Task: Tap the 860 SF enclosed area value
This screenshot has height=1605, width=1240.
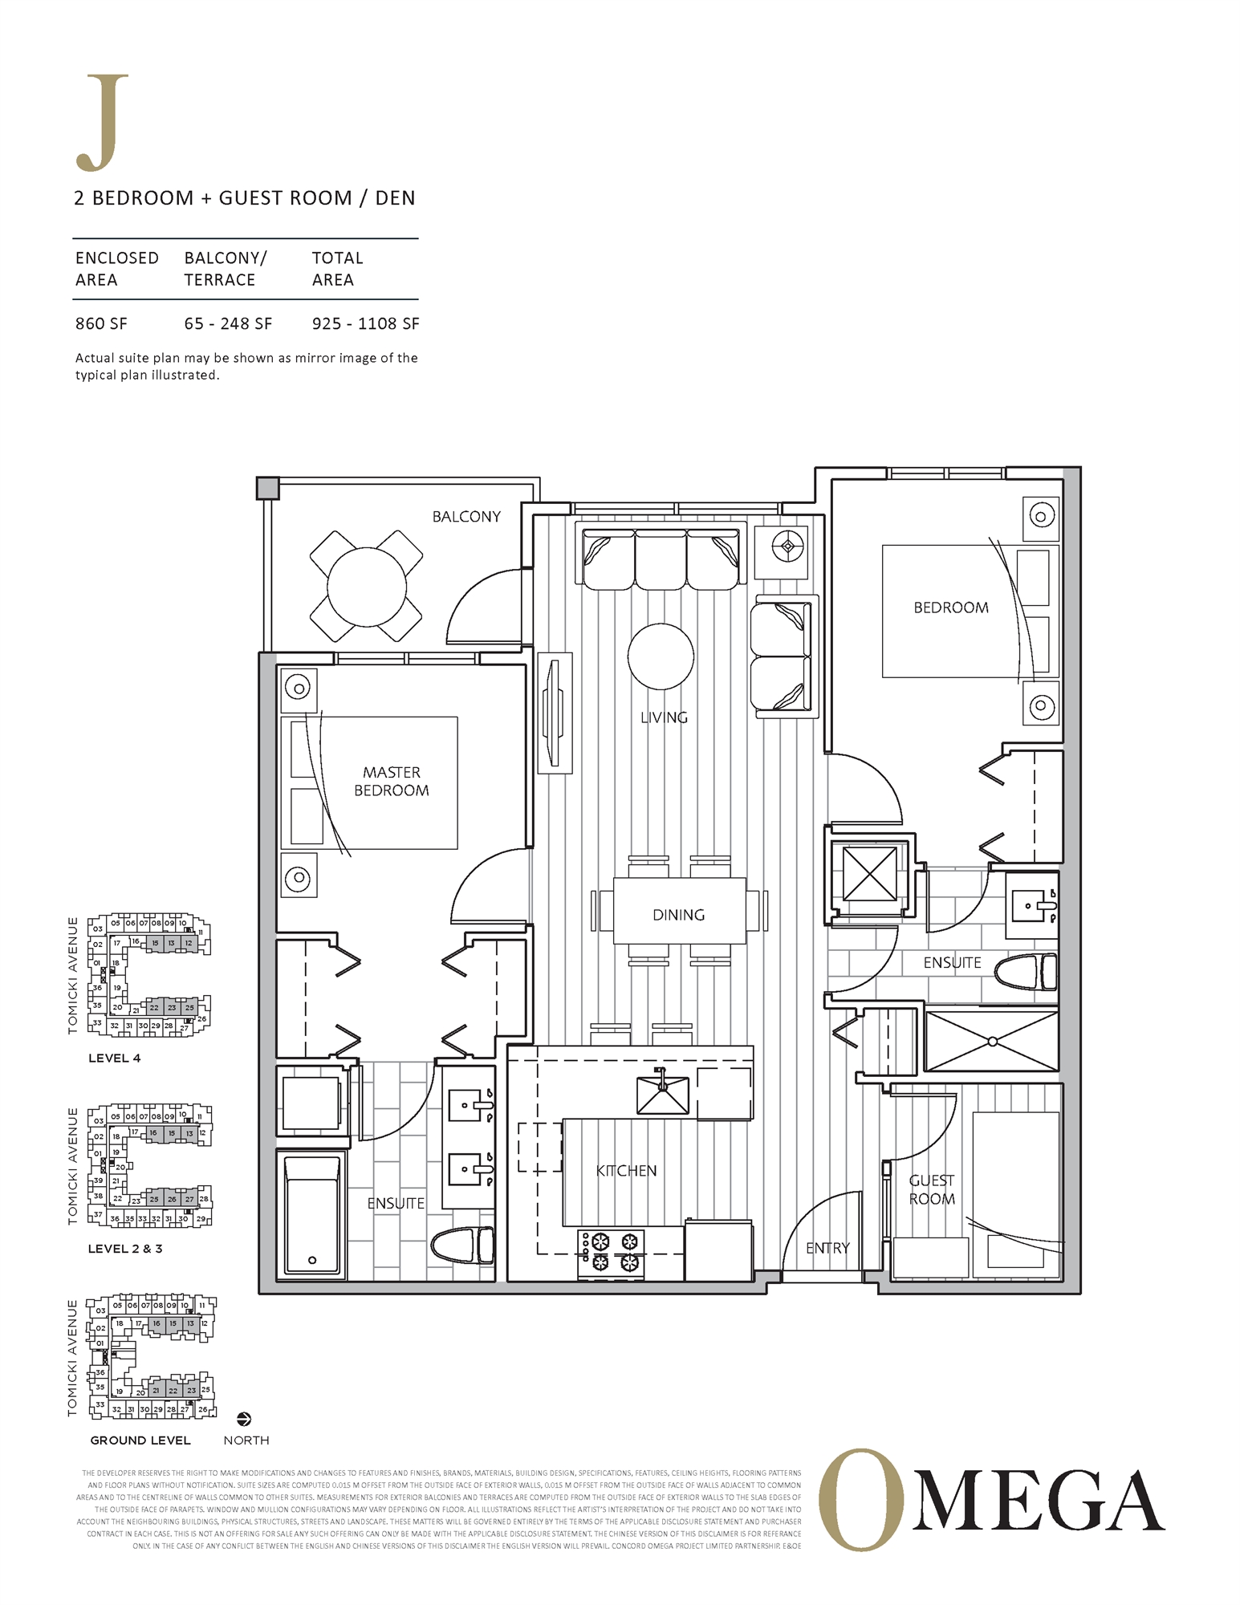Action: [101, 323]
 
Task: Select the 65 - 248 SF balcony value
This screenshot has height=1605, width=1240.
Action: [228, 323]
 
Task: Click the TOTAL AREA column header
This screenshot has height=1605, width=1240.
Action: [337, 269]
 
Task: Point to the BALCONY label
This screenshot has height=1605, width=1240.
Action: [466, 517]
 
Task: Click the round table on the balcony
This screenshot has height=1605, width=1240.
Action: [366, 587]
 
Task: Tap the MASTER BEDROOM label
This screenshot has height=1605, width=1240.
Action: [392, 781]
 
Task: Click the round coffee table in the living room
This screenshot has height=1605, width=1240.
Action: [660, 656]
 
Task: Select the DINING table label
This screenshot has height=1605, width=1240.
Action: [678, 915]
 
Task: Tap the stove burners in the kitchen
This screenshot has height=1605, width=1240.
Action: [612, 1254]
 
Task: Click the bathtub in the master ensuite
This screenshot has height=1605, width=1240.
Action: [312, 1214]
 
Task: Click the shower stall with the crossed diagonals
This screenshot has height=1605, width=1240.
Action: [991, 1041]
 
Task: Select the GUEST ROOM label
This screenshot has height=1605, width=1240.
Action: [931, 1189]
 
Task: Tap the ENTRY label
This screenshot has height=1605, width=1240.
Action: [827, 1248]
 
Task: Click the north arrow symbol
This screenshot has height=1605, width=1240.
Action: [245, 1419]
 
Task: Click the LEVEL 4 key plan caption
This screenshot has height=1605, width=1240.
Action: [114, 1058]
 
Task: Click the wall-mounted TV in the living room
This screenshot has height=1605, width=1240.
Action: [554, 713]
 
